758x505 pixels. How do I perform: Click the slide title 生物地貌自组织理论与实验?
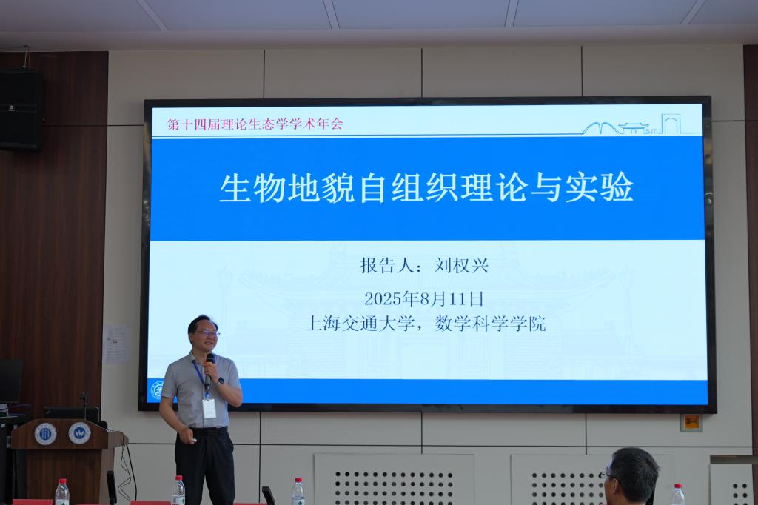[x=426, y=187]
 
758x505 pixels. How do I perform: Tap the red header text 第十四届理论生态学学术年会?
[x=255, y=124]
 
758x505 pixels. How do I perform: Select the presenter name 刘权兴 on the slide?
[x=461, y=266]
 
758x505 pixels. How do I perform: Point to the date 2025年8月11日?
[x=423, y=298]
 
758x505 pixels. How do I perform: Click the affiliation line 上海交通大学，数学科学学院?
[x=425, y=324]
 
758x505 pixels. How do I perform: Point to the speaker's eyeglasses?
[x=207, y=333]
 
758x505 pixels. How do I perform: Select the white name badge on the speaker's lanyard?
[x=209, y=408]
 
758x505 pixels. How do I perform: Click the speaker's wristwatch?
[x=221, y=381]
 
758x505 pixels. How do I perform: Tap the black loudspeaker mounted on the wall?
[x=20, y=110]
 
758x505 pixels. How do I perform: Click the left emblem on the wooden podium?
[x=45, y=434]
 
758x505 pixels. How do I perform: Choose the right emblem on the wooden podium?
[x=79, y=433]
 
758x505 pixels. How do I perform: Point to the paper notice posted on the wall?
[x=116, y=344]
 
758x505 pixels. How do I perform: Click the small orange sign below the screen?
[x=691, y=422]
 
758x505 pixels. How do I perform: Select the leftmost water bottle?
[x=62, y=492]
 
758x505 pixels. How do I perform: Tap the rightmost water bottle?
[x=678, y=495]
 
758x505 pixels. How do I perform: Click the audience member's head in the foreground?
[x=631, y=476]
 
